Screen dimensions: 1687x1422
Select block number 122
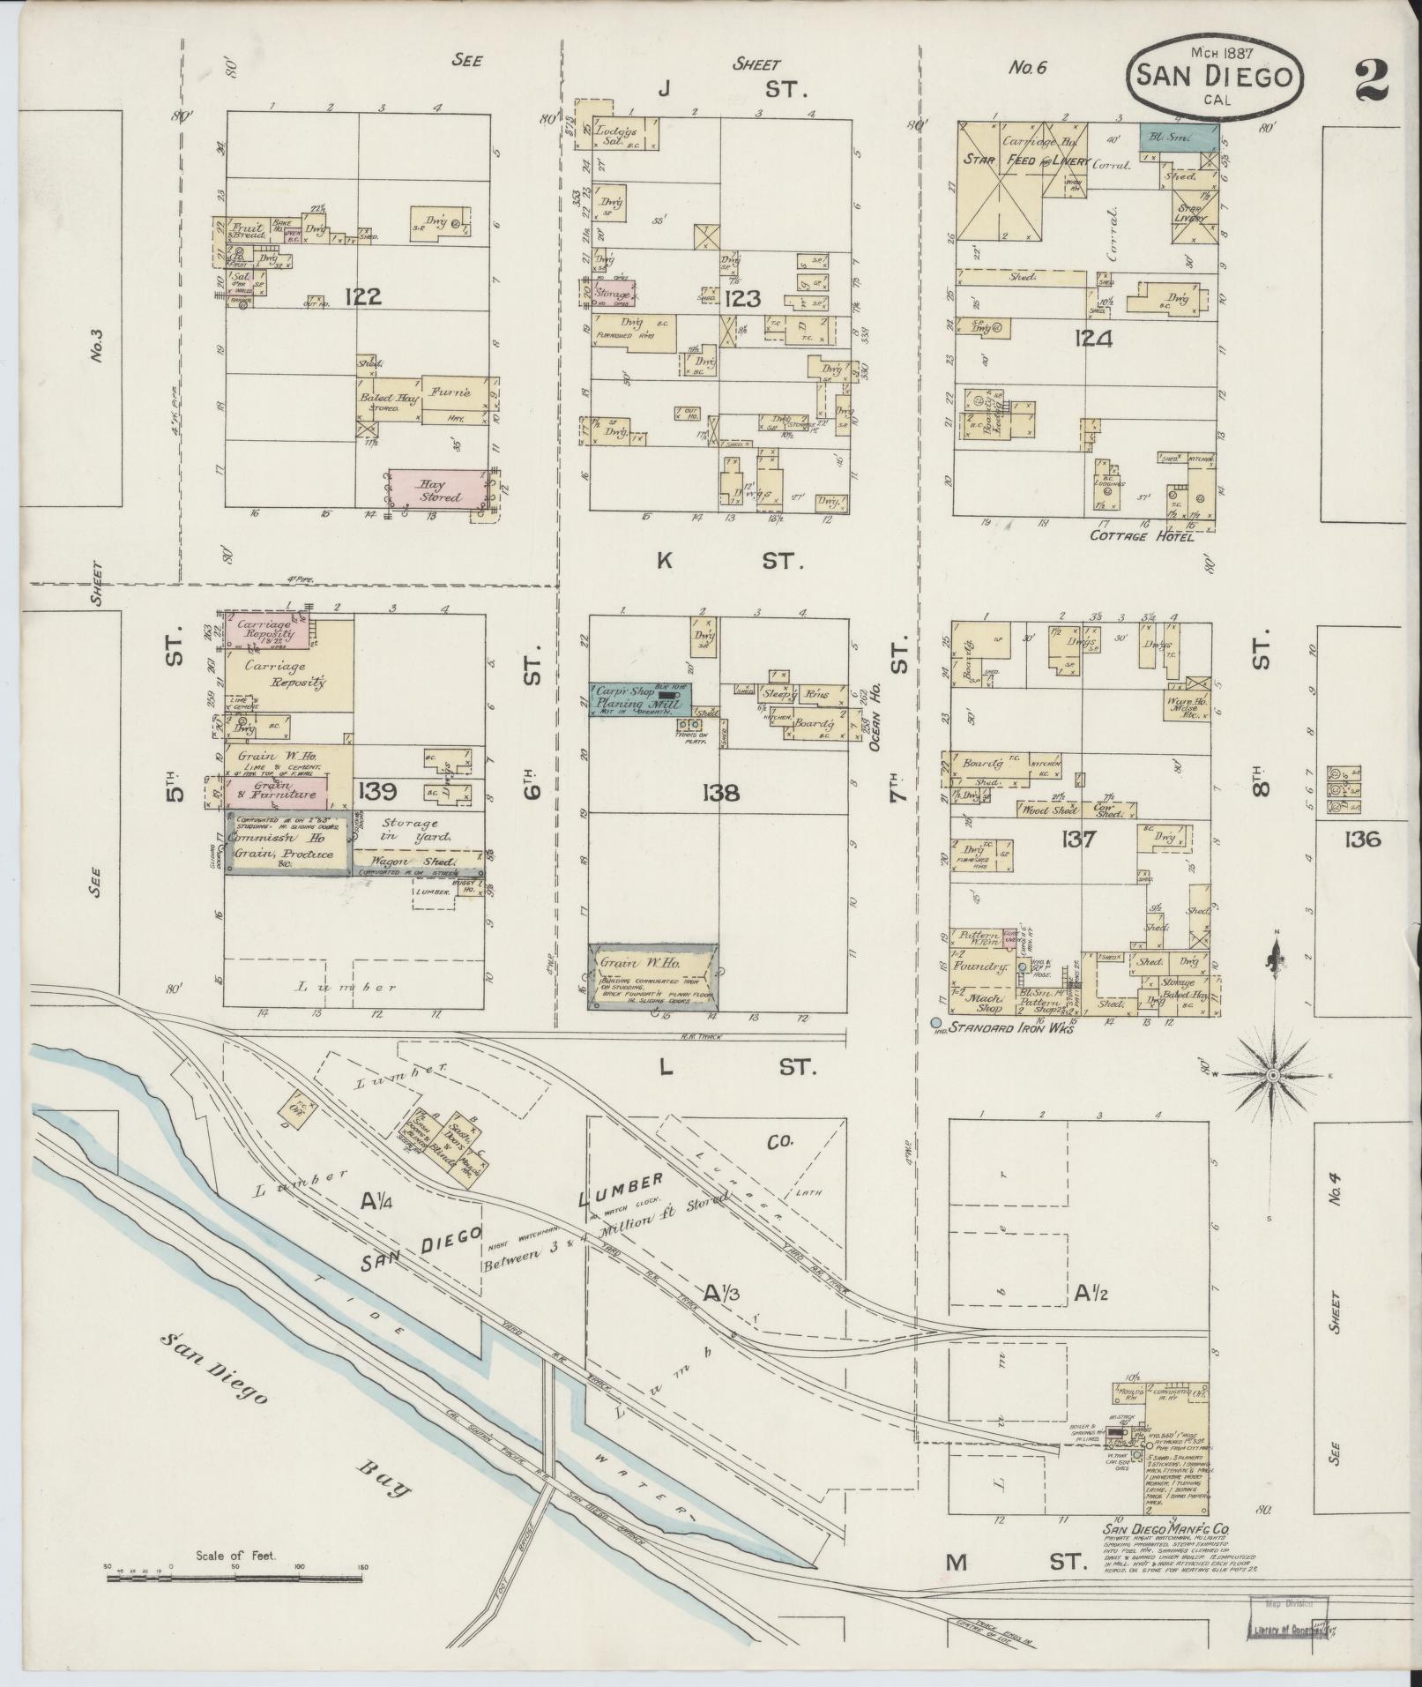pos(363,297)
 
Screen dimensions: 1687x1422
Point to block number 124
pos(1093,339)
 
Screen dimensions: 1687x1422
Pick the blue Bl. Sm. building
pos(1179,136)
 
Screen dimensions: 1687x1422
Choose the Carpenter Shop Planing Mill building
pos(640,698)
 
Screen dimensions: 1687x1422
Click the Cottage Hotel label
pos(1142,535)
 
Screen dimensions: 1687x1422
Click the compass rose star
pos(1272,1076)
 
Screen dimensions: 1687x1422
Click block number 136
pos(1362,840)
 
